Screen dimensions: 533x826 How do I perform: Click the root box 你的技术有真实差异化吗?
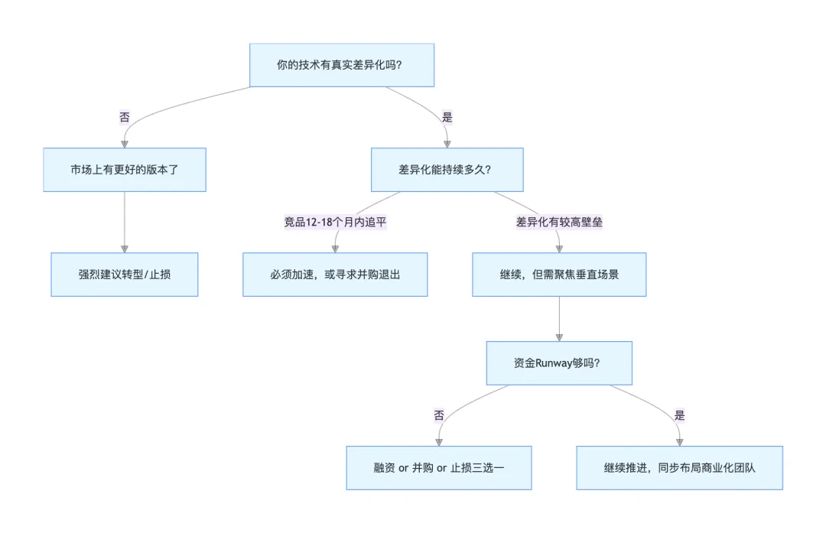click(342, 65)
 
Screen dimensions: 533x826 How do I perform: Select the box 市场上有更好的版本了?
click(124, 170)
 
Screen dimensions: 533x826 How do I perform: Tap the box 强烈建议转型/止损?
click(124, 274)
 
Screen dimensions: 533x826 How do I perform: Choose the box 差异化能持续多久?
click(447, 170)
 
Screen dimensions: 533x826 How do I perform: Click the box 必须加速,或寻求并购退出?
click(335, 274)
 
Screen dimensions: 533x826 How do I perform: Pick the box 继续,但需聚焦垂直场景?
click(559, 274)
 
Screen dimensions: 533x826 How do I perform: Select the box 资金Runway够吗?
click(559, 362)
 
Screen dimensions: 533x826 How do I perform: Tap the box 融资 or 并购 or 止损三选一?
click(438, 467)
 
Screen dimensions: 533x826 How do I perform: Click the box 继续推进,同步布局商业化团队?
click(679, 467)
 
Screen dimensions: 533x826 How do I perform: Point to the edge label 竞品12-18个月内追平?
click(335, 222)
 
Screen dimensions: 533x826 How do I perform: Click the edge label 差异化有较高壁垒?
click(559, 222)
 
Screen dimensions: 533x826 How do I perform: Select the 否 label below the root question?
click(124, 117)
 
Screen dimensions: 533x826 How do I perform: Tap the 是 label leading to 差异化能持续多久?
click(447, 117)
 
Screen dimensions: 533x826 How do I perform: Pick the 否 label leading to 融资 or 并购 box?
click(438, 415)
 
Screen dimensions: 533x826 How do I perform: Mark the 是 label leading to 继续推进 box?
click(679, 415)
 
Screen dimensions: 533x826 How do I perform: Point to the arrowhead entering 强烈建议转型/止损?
click(124, 249)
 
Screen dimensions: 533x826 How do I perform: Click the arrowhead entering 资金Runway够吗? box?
click(559, 336)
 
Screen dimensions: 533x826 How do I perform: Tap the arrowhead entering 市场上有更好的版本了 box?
click(124, 144)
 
